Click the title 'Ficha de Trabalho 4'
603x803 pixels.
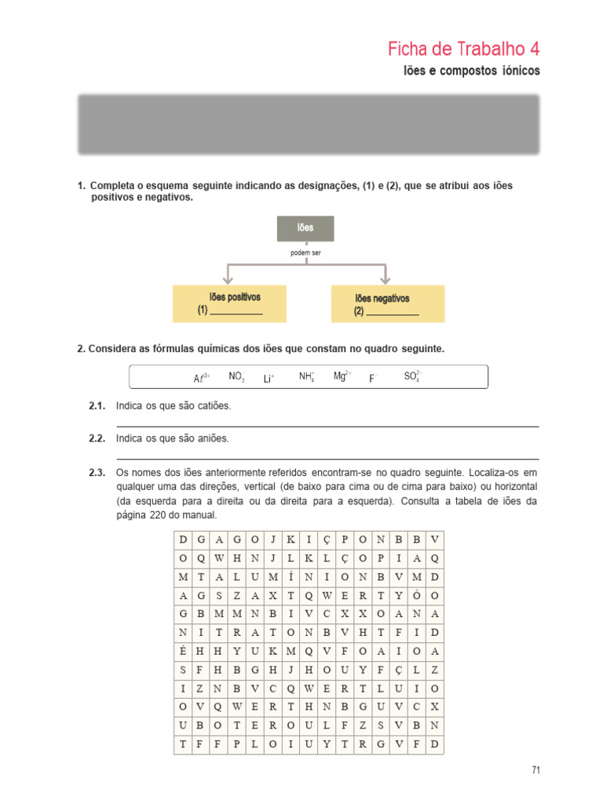[463, 49]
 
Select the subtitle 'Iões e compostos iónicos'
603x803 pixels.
[471, 71]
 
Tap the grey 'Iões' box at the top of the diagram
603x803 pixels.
[305, 228]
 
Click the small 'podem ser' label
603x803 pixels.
[305, 253]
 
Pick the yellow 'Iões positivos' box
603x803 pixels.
[229, 303]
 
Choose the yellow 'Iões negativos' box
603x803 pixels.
[388, 303]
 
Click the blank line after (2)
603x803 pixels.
[393, 314]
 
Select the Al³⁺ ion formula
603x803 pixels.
[201, 378]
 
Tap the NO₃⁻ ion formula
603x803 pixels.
[237, 376]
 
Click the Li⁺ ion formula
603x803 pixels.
[269, 379]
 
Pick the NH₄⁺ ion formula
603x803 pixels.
[307, 376]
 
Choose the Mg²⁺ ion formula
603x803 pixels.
[342, 376]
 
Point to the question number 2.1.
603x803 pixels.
[97, 406]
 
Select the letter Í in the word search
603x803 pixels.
[291, 577]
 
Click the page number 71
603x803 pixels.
[535, 770]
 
